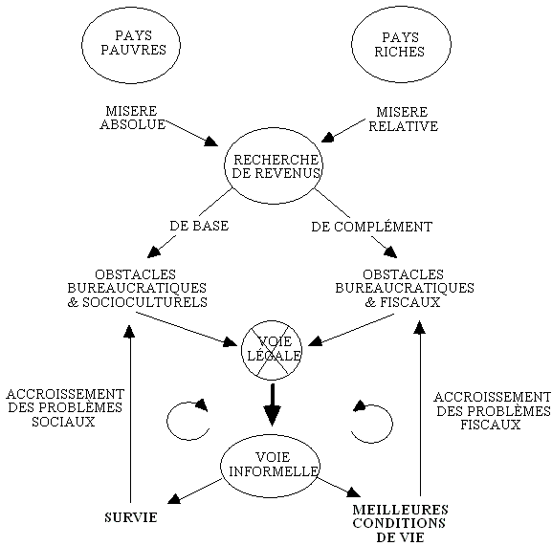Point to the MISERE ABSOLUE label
click(133, 118)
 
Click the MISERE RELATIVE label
click(403, 120)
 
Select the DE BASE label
click(199, 226)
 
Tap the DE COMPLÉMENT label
click(372, 227)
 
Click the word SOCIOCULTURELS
click(144, 302)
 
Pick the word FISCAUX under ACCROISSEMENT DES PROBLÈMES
click(491, 425)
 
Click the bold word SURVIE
click(131, 517)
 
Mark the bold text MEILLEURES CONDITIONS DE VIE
click(400, 523)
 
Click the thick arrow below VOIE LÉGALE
click(272, 404)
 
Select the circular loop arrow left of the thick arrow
click(167, 422)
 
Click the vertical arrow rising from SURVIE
click(130, 414)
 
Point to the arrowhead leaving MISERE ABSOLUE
click(211, 142)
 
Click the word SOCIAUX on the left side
click(63, 422)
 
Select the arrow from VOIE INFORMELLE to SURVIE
click(194, 491)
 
